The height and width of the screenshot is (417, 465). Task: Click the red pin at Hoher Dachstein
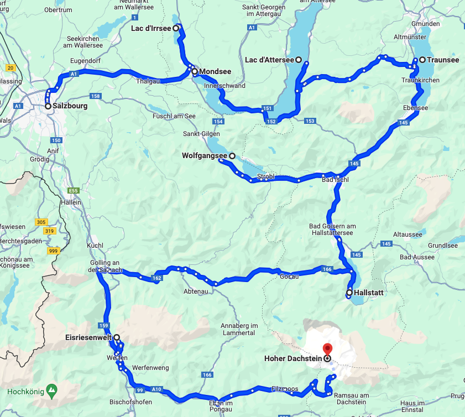327,349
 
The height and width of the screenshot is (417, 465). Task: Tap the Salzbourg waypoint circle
48,106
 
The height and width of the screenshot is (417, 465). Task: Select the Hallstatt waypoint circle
349,293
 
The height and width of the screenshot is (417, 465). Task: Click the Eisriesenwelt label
88,337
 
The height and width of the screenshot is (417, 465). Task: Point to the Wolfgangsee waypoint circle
232,156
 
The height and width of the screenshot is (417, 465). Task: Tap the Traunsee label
442,60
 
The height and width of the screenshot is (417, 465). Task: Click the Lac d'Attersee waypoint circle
299,60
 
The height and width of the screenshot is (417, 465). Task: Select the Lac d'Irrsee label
151,28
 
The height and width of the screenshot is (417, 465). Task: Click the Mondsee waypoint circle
195,71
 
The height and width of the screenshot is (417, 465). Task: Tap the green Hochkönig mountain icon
51,389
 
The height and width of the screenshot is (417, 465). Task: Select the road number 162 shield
158,278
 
